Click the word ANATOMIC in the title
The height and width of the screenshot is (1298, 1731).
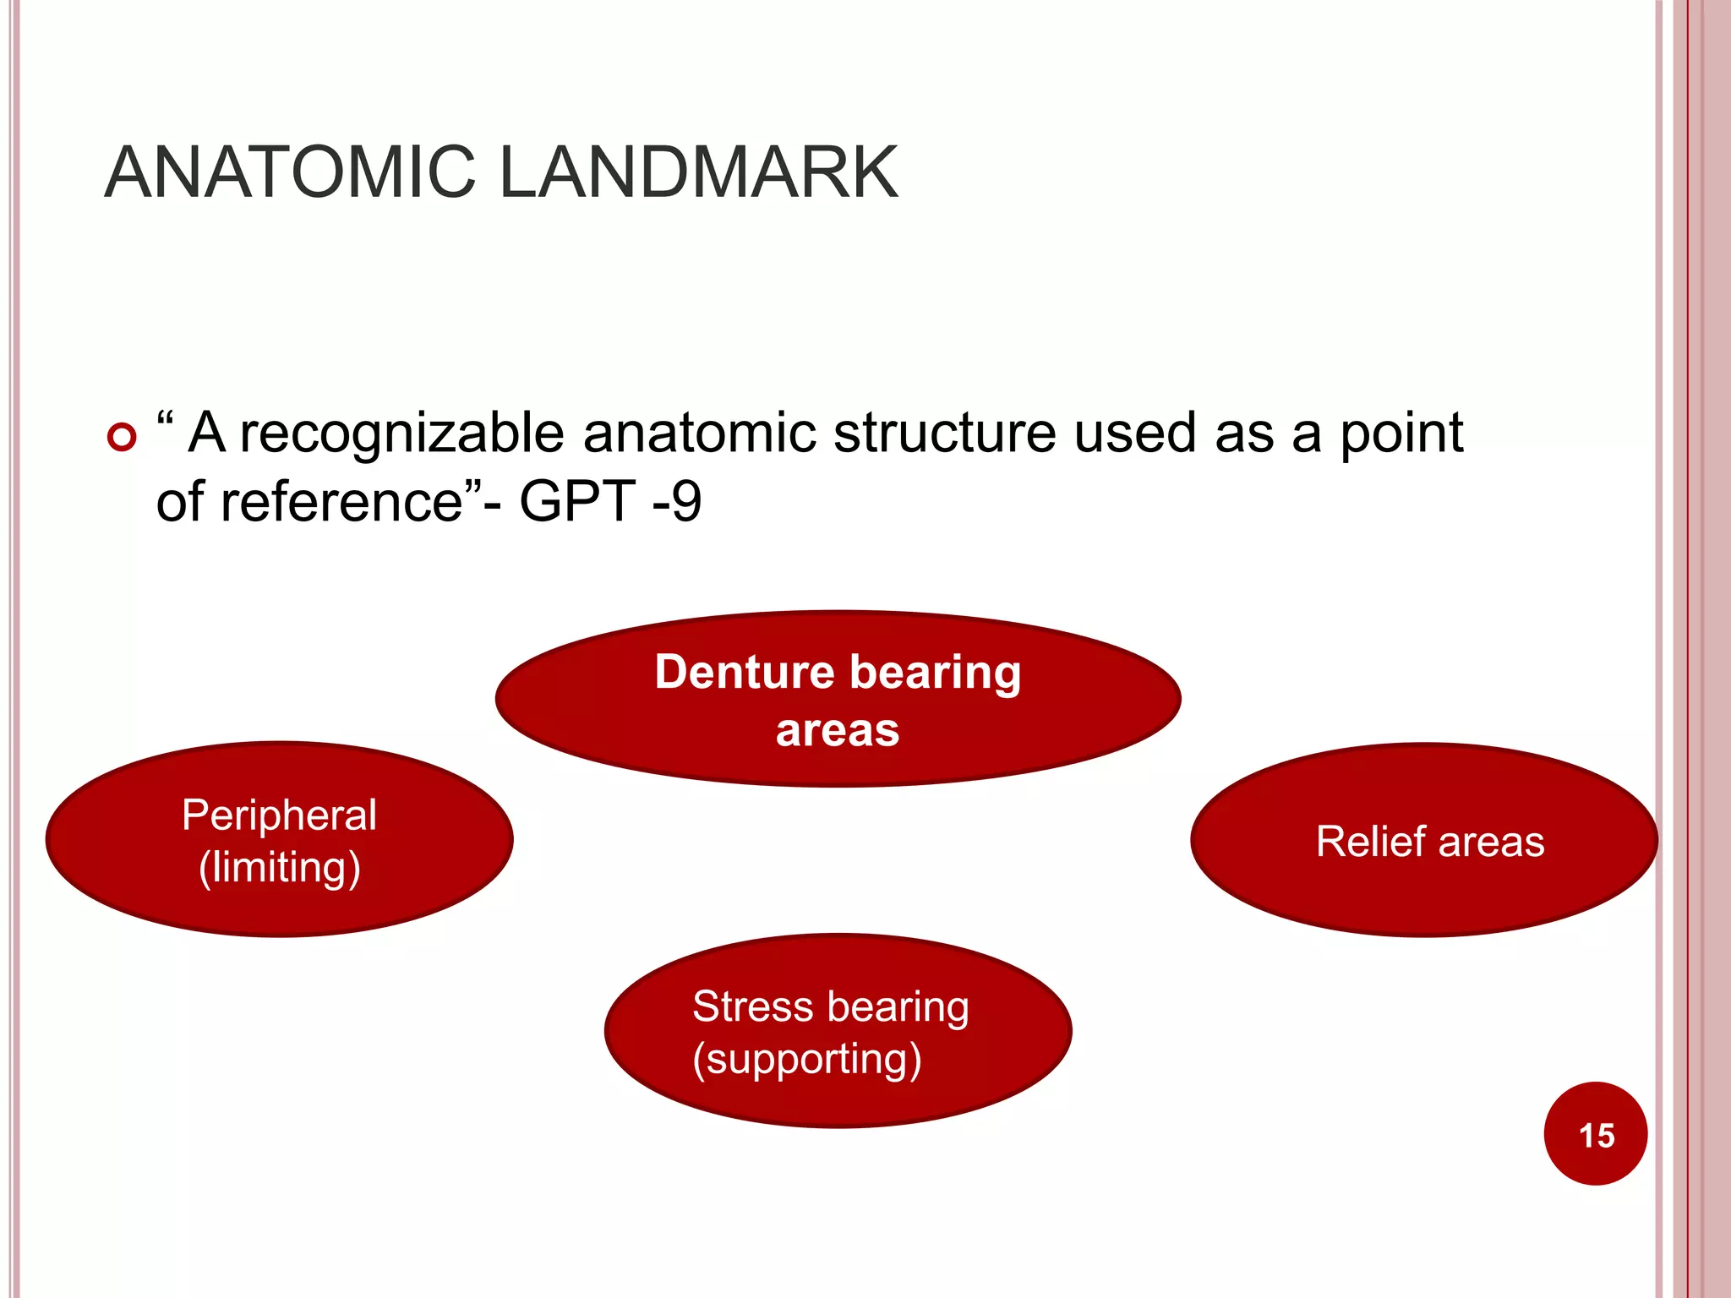point(290,172)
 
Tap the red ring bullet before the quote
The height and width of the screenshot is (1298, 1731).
point(123,437)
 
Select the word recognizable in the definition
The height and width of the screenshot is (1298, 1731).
point(401,434)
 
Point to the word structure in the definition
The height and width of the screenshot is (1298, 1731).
point(944,433)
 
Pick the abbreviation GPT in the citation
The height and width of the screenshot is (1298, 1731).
point(576,501)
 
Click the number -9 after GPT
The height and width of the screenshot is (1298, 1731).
point(677,501)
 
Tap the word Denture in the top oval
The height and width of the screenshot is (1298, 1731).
point(744,673)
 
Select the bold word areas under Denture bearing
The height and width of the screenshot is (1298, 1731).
point(838,730)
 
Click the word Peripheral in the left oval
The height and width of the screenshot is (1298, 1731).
point(279,815)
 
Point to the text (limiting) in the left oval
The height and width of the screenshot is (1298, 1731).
point(279,868)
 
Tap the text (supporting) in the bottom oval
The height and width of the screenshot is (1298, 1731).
point(806,1059)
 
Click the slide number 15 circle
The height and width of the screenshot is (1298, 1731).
point(1595,1134)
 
